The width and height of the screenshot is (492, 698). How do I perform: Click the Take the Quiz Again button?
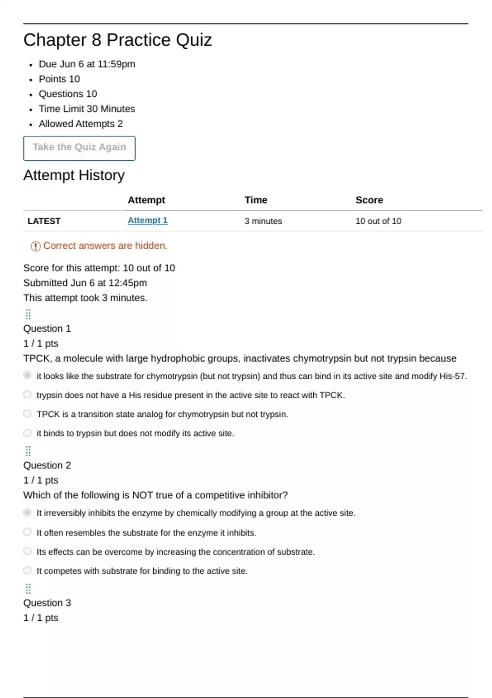(79, 148)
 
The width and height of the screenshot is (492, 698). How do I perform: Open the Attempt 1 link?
(148, 220)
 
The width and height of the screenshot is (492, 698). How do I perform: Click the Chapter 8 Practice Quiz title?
(118, 40)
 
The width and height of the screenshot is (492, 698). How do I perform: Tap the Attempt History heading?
(74, 175)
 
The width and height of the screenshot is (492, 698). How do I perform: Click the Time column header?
(256, 200)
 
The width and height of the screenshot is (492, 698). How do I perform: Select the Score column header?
(369, 200)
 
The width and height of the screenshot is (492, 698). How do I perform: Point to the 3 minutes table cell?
(263, 221)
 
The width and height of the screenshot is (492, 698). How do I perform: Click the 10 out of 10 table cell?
(378, 221)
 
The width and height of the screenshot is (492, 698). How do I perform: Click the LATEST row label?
(44, 221)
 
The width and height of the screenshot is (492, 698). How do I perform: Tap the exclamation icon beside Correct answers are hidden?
(36, 246)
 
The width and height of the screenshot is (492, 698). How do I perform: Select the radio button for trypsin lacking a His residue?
(27, 395)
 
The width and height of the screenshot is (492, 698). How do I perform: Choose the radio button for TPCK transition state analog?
(27, 413)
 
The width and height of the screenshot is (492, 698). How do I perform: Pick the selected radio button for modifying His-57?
(27, 375)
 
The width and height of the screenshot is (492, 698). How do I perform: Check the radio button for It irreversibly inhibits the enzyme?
(27, 512)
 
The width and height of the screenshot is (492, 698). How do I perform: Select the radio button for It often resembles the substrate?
(27, 532)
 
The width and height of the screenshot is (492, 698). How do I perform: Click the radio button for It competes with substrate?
(27, 570)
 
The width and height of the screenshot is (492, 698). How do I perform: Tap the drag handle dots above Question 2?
(28, 451)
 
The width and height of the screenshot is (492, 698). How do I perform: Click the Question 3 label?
(47, 603)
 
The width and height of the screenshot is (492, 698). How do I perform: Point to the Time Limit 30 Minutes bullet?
(87, 109)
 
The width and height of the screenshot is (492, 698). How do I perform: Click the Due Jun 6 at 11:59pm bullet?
(87, 64)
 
